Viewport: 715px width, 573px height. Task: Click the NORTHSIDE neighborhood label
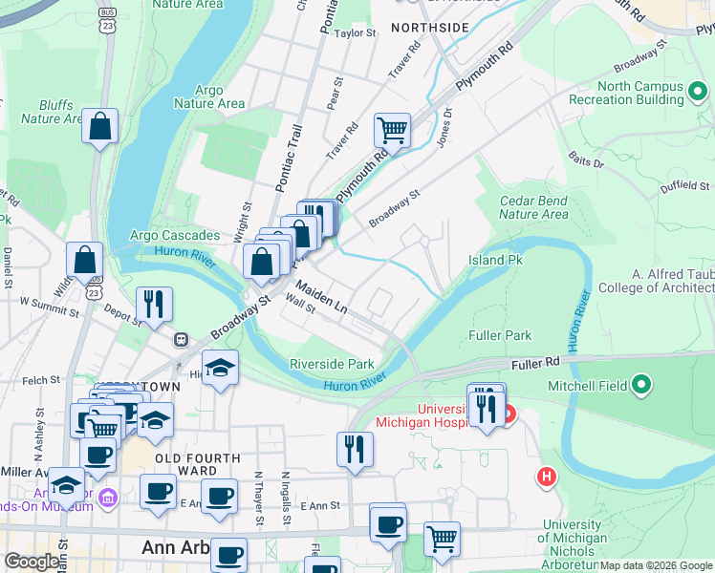430,28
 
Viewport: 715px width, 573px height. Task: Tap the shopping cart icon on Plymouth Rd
392,129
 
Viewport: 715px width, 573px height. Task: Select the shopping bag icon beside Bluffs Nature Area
99,126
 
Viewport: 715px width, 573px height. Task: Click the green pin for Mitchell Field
641,386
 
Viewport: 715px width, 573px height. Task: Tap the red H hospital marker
546,475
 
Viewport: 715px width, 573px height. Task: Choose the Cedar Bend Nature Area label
533,207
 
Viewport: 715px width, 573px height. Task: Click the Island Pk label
496,260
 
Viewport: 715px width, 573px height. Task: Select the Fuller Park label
499,335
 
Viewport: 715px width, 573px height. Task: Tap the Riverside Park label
332,364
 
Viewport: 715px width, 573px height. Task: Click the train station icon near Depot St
180,339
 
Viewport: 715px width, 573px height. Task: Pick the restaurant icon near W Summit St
153,303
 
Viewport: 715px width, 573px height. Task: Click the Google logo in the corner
32,562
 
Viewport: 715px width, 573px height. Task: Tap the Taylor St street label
356,33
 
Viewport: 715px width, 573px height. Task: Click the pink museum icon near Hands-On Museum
107,498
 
